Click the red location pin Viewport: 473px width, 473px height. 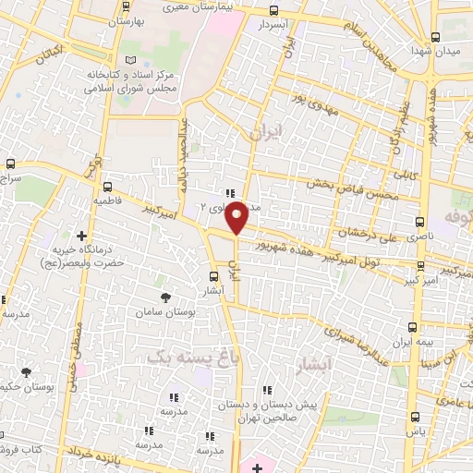point(237,217)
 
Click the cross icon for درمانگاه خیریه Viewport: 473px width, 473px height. point(82,237)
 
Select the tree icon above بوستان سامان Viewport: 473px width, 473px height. point(165,297)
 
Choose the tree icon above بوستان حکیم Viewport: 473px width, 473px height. point(25,371)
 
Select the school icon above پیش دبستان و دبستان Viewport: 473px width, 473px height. point(267,391)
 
